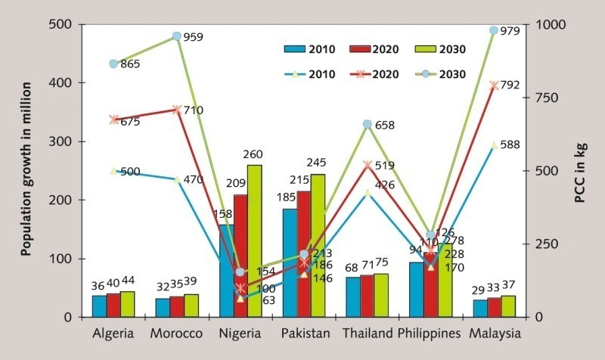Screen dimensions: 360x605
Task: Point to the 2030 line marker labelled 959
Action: tap(177, 36)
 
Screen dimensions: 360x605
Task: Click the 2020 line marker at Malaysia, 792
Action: tap(495, 85)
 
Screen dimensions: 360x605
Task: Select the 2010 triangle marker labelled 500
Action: tap(114, 171)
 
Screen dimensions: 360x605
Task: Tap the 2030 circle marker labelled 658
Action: tap(367, 124)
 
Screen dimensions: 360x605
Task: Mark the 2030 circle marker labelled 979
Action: tap(495, 31)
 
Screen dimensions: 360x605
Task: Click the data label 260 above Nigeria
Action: tap(253, 155)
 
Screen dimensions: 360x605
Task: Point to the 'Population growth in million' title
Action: tap(26, 171)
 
